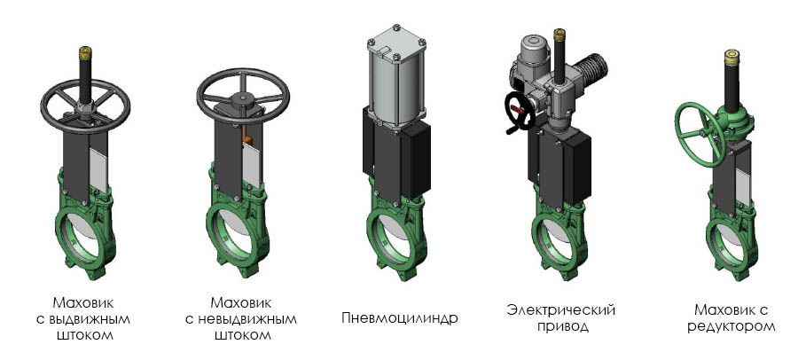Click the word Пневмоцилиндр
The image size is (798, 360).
tap(400, 318)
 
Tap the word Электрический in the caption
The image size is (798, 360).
tap(561, 309)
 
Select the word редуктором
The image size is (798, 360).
tap(731, 326)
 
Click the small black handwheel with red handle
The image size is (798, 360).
tap(519, 112)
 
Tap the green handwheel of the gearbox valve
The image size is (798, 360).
tap(699, 134)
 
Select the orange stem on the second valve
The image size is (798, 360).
tap(247, 139)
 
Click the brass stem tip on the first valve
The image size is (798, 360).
tap(85, 52)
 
